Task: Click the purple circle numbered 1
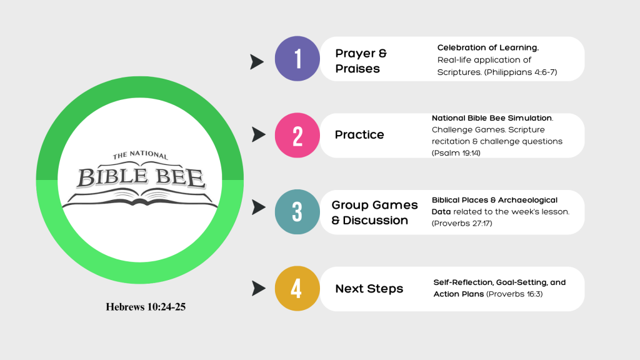click(x=297, y=59)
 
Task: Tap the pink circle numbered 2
click(x=297, y=136)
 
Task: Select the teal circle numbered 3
click(x=297, y=212)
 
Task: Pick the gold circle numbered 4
click(x=297, y=289)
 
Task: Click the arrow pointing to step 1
click(x=257, y=62)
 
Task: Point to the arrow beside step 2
click(x=258, y=135)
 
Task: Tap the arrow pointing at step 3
click(x=258, y=207)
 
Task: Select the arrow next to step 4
click(x=258, y=288)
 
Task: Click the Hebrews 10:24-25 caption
click(x=146, y=307)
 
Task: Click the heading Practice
click(x=359, y=135)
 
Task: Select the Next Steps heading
click(x=369, y=289)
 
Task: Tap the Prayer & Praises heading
click(x=361, y=61)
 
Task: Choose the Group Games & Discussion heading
click(x=375, y=212)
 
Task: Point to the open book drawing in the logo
click(x=139, y=199)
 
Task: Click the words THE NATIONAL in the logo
click(x=141, y=155)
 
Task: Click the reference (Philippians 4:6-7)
click(x=521, y=72)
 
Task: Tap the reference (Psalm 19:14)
click(x=456, y=153)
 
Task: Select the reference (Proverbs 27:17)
click(x=462, y=223)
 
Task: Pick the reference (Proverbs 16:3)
click(x=514, y=294)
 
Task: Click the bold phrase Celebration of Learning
click(x=488, y=47)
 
